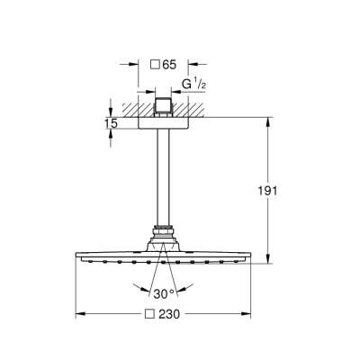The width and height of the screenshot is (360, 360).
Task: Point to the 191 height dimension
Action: [x=279, y=191]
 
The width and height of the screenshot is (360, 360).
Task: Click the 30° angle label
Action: [x=162, y=292]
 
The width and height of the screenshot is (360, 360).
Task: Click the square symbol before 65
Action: [x=152, y=66]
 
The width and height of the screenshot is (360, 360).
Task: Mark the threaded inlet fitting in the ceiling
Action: [x=163, y=108]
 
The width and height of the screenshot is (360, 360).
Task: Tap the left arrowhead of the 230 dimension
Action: [x=78, y=314]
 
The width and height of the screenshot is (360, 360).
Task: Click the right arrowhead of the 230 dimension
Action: [x=247, y=314]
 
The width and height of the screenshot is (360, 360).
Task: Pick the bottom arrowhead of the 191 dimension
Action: [x=266, y=262]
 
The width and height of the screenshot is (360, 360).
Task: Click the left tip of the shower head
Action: [x=76, y=259]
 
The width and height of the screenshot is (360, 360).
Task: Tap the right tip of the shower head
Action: [x=250, y=259]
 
